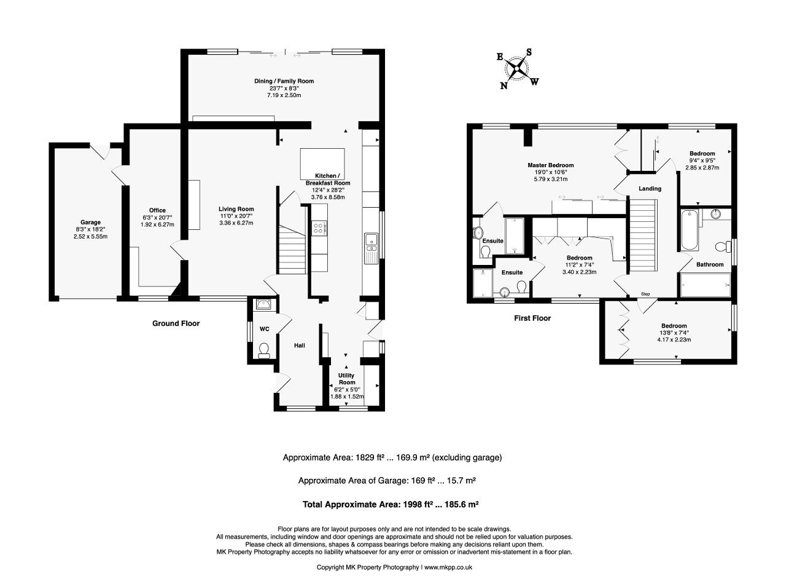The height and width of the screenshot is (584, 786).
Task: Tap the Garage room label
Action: point(90,223)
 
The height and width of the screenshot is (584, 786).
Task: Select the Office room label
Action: point(157,210)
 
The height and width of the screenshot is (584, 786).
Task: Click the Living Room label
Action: point(236,209)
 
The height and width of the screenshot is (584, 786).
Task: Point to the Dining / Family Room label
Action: point(284,81)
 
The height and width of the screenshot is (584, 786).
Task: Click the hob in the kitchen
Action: point(319,227)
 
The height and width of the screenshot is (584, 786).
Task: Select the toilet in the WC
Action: point(264,350)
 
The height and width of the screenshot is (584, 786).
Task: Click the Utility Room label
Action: point(346,379)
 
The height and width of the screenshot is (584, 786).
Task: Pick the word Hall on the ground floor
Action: point(300,345)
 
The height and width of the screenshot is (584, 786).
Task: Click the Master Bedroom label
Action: point(550,165)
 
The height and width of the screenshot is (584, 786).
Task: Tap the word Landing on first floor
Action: point(650,188)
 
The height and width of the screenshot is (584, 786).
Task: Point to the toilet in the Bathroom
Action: point(723,246)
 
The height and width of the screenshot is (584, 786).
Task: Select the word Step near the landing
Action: point(645,294)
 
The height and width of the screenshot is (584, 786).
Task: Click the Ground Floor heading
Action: point(176,323)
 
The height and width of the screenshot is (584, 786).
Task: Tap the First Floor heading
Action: point(532,318)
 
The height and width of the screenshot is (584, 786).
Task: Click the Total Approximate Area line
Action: point(391,504)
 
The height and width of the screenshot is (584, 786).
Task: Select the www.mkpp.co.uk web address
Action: point(448,567)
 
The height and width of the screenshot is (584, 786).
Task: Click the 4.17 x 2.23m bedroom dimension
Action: point(674,339)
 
